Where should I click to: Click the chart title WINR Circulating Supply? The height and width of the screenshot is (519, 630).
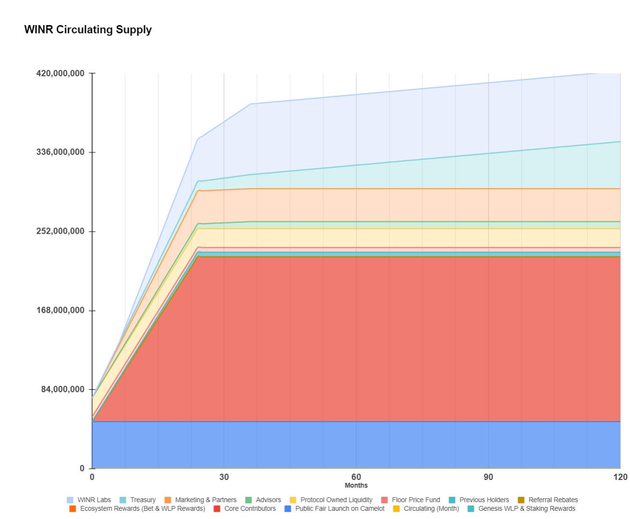pos(88,30)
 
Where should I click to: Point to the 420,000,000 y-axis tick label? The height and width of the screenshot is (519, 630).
pos(60,73)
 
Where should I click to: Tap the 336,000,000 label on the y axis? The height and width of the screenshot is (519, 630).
pos(60,152)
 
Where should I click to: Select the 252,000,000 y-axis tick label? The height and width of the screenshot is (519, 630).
pos(60,231)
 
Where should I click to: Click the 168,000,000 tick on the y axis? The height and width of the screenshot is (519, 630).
pos(60,310)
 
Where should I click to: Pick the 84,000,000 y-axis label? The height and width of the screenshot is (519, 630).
pos(63,389)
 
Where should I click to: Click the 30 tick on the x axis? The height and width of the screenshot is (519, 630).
pos(224,477)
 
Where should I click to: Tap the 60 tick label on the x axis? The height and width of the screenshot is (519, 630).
pos(356,477)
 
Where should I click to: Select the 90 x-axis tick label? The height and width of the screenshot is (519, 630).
pos(488,477)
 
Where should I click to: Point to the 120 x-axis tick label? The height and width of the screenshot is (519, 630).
pos(620,477)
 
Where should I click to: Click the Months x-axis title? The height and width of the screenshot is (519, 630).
pos(356,485)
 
